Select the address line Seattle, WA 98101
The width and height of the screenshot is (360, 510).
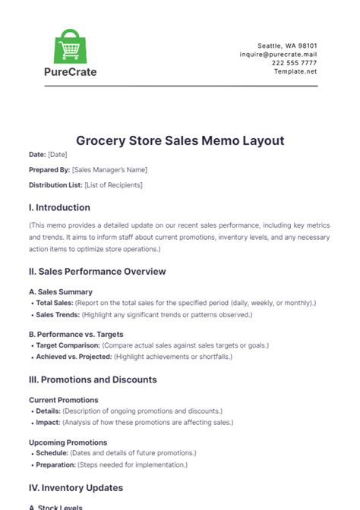click(x=289, y=46)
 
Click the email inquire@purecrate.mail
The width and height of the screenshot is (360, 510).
click(x=278, y=54)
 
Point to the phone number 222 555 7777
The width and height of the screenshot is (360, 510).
click(x=295, y=63)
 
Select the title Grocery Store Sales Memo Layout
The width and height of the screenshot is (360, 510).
click(x=180, y=140)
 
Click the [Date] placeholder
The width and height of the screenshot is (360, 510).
click(x=58, y=155)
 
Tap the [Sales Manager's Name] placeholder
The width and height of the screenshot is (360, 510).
click(x=110, y=169)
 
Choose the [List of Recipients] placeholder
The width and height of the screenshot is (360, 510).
click(x=112, y=184)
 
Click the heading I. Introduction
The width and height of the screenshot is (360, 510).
click(x=59, y=207)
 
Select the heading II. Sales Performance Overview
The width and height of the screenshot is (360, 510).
click(x=97, y=271)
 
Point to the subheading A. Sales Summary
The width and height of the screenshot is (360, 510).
click(x=61, y=291)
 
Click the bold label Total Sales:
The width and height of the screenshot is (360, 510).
click(x=54, y=303)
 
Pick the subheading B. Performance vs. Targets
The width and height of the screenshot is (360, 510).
click(x=76, y=334)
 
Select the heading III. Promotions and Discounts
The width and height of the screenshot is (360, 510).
click(x=93, y=379)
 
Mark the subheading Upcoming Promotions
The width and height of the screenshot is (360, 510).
click(x=68, y=442)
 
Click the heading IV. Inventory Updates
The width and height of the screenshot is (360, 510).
click(x=76, y=487)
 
